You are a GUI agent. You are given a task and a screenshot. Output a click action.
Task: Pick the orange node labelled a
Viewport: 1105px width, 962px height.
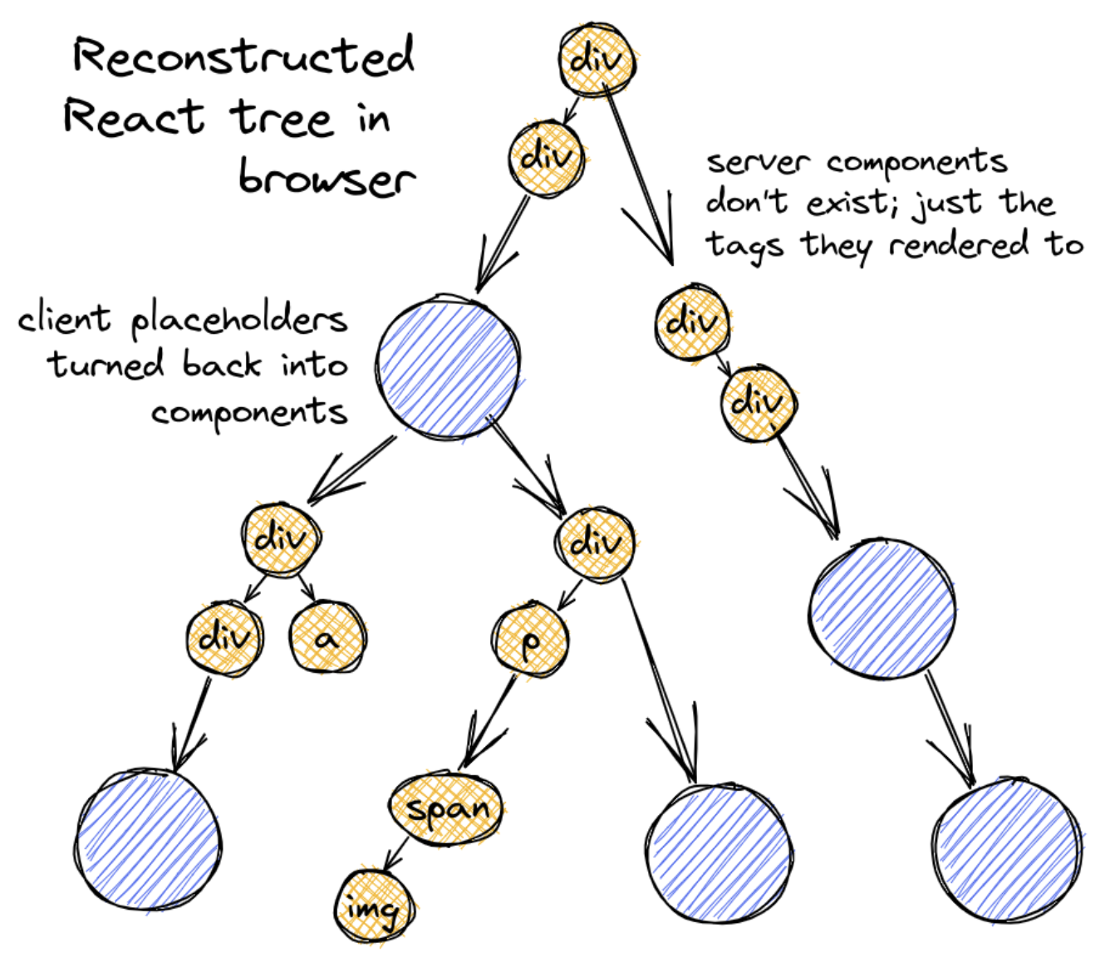tap(327, 639)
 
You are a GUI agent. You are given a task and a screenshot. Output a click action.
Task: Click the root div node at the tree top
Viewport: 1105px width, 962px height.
tap(597, 61)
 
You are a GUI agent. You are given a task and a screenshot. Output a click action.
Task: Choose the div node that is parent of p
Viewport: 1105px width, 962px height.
tap(595, 542)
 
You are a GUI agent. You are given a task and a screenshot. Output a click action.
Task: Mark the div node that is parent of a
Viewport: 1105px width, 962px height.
tap(281, 538)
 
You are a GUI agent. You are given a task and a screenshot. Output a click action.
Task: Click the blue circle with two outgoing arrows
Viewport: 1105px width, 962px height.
tap(449, 365)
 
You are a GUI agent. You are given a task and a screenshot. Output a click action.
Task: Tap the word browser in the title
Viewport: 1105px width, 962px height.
tap(326, 177)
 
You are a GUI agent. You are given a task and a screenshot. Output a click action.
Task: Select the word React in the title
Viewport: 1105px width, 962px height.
tap(133, 117)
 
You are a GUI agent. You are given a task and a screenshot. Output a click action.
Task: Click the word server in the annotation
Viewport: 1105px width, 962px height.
tap(757, 161)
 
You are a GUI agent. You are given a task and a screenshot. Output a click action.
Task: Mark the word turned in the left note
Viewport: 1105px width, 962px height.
tap(106, 365)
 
